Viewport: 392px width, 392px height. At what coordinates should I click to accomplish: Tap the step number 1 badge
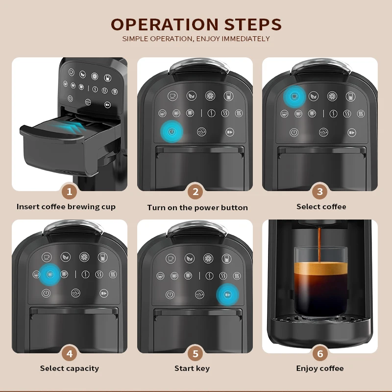[x=69, y=191]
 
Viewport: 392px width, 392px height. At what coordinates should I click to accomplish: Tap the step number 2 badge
[x=196, y=191]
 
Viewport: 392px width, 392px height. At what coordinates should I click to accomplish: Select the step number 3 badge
[x=320, y=191]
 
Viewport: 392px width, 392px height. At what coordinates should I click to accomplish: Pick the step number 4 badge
[x=69, y=353]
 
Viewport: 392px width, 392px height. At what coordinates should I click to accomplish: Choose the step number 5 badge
[x=196, y=353]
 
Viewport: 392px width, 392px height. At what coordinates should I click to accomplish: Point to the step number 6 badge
[x=320, y=353]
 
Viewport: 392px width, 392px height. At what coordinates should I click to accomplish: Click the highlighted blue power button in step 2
[x=171, y=132]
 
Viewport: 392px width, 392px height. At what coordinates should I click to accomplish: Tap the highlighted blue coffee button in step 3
[x=294, y=96]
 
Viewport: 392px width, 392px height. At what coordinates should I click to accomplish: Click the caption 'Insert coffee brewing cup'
[x=66, y=207]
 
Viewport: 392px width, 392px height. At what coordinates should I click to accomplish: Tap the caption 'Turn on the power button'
[x=197, y=208]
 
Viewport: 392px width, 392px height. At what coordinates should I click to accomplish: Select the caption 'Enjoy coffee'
[x=320, y=368]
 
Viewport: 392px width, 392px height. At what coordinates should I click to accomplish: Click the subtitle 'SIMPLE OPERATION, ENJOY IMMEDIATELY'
[x=196, y=39]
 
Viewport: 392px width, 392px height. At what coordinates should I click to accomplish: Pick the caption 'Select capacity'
[x=70, y=368]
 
